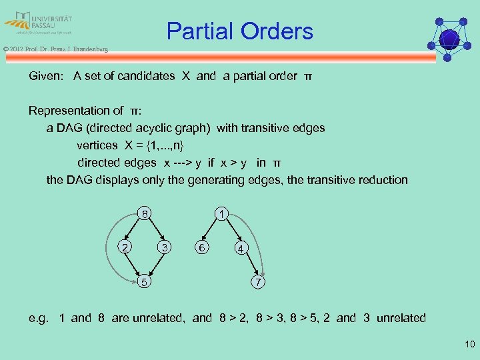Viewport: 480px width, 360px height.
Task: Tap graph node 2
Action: (122, 247)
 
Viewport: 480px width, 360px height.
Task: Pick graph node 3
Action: (163, 247)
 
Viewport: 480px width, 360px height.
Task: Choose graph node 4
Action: (241, 249)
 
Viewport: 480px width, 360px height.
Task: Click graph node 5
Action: (143, 283)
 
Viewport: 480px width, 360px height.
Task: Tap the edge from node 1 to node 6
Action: (211, 230)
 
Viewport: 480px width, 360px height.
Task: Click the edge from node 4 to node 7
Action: (251, 265)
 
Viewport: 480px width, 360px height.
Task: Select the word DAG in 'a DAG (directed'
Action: (69, 128)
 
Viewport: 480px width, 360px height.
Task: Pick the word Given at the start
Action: (47, 76)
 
